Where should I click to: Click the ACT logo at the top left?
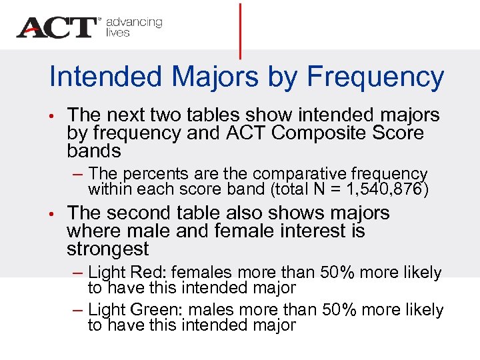pos(57,27)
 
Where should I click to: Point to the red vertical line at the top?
pos(240,30)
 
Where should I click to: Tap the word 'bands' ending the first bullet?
pos(94,151)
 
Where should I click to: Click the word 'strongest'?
pos(108,249)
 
